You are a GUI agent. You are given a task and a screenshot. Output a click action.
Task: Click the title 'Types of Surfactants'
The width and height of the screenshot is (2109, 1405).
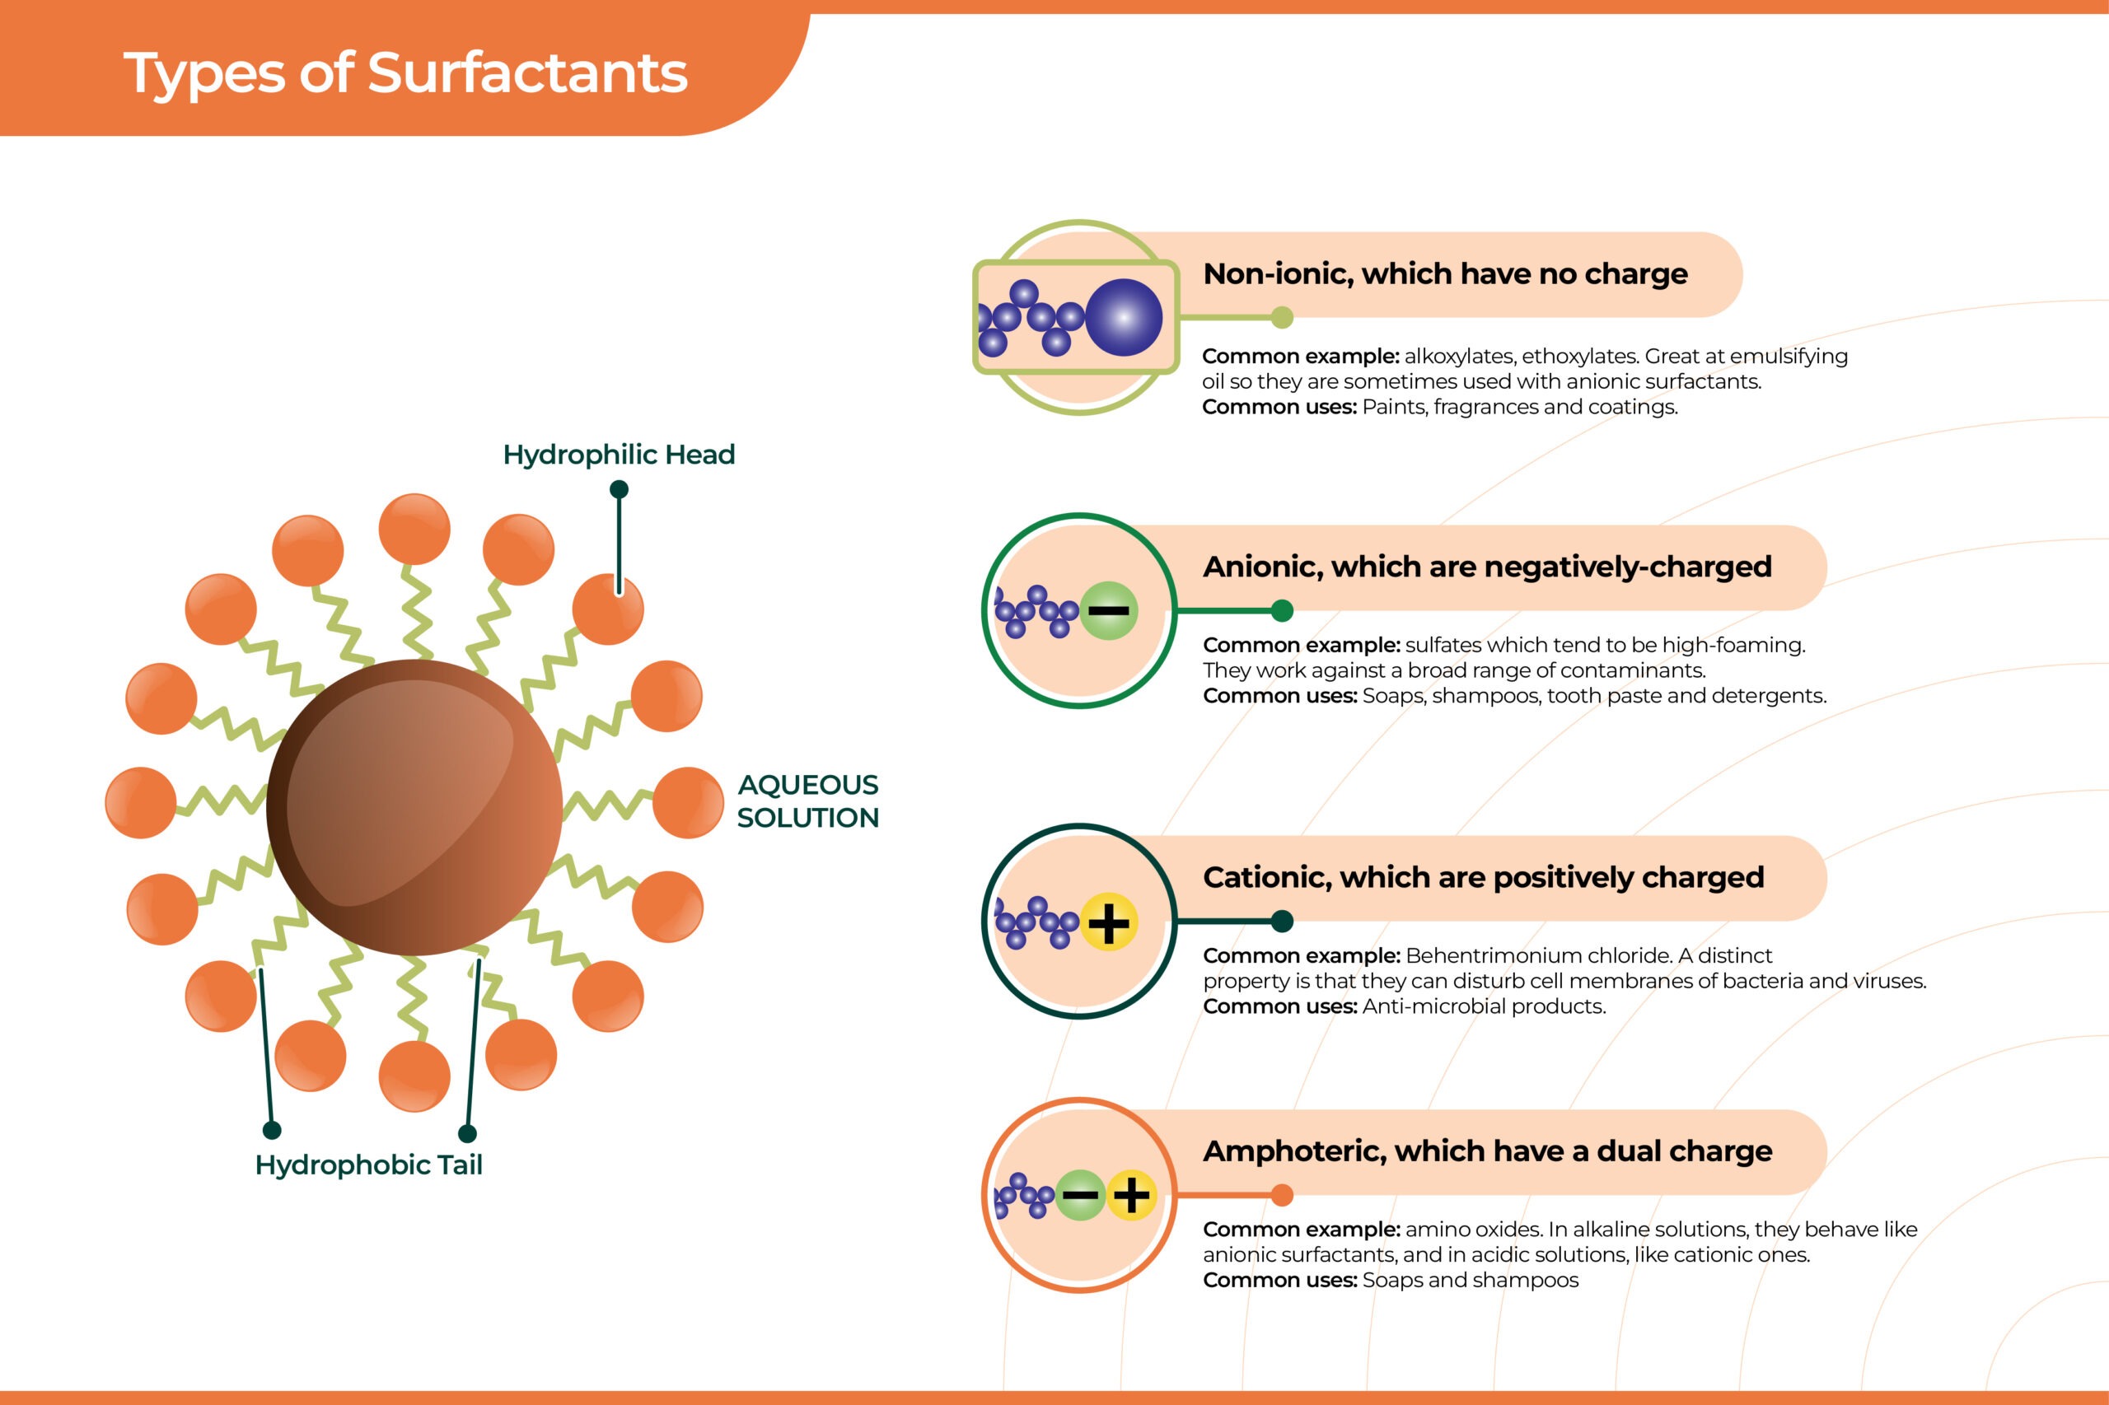point(405,73)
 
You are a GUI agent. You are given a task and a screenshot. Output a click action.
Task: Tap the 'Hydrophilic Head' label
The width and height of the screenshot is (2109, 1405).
point(619,455)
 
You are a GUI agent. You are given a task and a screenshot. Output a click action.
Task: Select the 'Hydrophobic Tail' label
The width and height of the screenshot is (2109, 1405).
point(368,1165)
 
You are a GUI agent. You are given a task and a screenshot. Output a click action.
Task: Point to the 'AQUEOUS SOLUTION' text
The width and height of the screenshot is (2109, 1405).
point(807,801)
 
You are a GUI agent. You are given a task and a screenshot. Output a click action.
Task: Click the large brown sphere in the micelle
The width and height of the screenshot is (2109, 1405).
point(414,806)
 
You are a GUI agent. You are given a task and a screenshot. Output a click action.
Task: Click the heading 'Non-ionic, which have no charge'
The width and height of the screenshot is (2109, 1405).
point(1445,273)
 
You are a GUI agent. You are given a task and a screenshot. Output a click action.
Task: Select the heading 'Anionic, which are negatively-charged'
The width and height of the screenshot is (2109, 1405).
point(1487,567)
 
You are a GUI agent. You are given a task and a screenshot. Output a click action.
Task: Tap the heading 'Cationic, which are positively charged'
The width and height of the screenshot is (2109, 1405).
point(1484,877)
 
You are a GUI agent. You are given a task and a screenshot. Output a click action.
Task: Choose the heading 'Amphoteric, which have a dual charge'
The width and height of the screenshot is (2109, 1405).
point(1487,1151)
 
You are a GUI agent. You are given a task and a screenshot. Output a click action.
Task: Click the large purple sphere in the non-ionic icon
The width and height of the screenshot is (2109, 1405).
point(1124,317)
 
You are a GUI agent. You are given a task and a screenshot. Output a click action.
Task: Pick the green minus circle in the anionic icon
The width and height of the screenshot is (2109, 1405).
point(1109,611)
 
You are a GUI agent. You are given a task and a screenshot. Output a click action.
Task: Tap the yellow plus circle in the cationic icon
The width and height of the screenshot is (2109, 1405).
point(1109,922)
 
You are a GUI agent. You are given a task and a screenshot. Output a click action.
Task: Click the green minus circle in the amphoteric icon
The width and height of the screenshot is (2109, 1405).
point(1081,1195)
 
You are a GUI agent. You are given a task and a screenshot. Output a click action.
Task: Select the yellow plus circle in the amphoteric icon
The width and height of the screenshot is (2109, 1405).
point(1131,1195)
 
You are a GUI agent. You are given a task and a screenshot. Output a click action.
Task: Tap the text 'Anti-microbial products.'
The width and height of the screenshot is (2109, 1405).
point(1485,1006)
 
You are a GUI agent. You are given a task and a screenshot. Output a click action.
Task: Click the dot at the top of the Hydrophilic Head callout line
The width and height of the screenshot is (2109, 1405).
point(619,489)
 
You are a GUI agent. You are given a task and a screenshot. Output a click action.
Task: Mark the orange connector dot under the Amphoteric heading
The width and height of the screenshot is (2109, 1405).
point(1283,1195)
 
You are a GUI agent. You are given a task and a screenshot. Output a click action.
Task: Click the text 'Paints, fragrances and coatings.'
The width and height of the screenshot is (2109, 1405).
point(1520,407)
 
